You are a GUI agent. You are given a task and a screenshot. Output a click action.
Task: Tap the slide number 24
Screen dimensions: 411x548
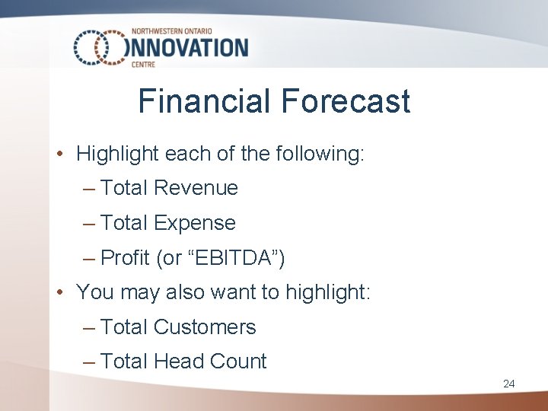pos(508,384)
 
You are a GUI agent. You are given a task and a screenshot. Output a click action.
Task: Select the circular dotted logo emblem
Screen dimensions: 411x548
pos(100,48)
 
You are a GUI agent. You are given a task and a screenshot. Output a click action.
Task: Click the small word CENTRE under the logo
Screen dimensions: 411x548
pos(144,65)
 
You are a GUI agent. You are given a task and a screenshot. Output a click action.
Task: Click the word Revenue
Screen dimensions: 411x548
pos(196,188)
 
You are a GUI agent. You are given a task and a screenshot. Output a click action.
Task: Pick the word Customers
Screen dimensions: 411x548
pos(205,327)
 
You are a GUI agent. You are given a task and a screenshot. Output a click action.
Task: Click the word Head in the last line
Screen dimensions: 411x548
pos(177,362)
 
